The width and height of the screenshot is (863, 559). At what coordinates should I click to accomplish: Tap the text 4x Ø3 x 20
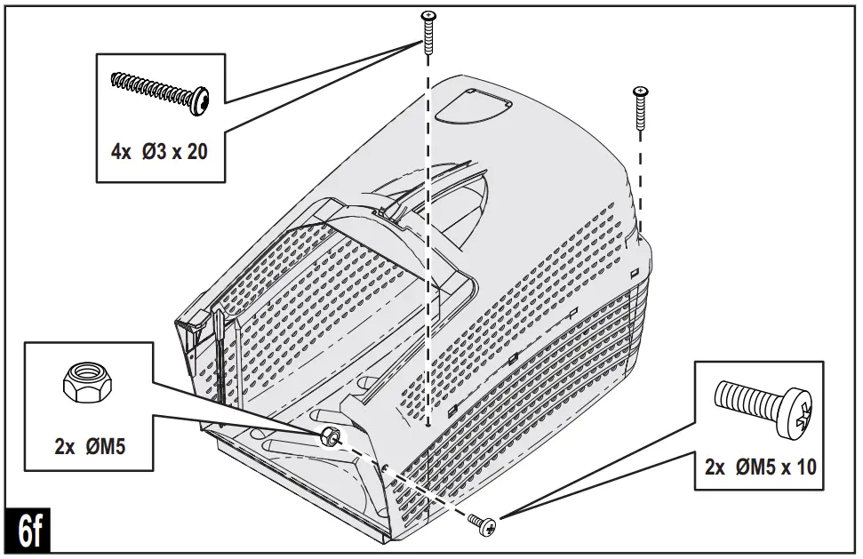pyautogui.click(x=159, y=152)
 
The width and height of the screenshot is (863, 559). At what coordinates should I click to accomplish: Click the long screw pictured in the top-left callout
pyautogui.click(x=159, y=92)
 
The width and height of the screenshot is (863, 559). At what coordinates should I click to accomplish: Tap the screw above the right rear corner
pyautogui.click(x=640, y=106)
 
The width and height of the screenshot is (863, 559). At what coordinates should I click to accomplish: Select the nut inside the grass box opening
pyautogui.click(x=330, y=435)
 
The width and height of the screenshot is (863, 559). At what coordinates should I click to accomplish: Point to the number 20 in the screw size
pyautogui.click(x=196, y=152)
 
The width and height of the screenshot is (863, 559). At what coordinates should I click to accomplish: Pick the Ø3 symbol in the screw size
pyautogui.click(x=154, y=152)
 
